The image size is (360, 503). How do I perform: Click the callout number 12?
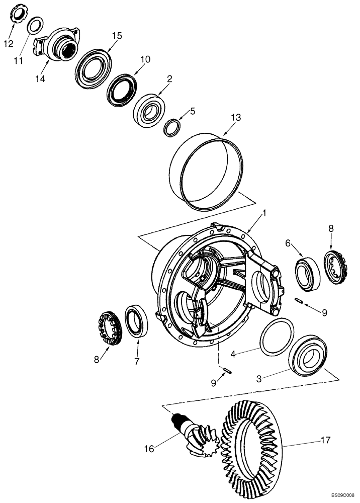click(x=8, y=44)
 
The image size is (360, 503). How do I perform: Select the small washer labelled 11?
click(x=34, y=25)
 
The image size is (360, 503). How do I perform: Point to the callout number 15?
click(x=117, y=36)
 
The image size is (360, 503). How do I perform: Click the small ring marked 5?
click(x=172, y=127)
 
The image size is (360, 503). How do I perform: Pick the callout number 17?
click(x=325, y=440)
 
